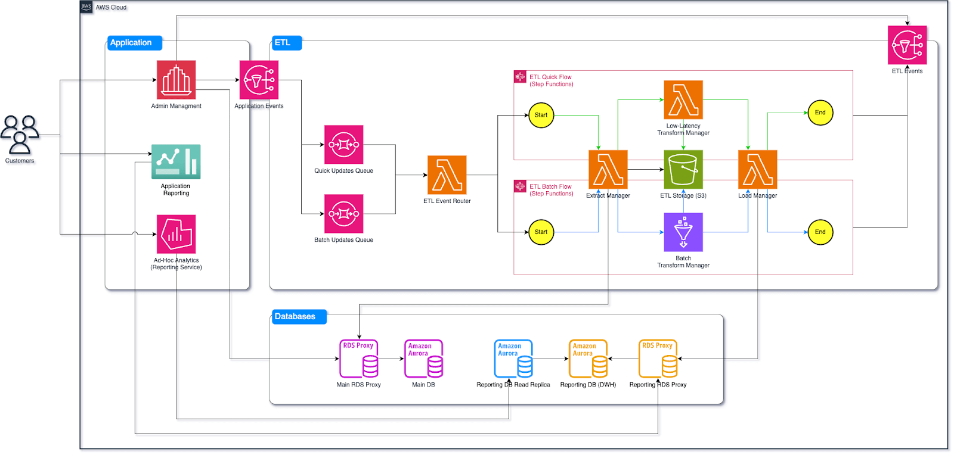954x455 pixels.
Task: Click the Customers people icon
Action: tap(20, 135)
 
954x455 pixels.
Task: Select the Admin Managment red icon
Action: tap(176, 80)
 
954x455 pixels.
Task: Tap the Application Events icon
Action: tap(259, 80)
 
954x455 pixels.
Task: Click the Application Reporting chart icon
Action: tap(176, 161)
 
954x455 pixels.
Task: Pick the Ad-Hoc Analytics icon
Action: tap(176, 234)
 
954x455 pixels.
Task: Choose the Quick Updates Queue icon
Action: tap(343, 145)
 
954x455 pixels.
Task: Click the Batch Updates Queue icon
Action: tap(343, 214)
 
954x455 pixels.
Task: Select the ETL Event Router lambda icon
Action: tap(447, 175)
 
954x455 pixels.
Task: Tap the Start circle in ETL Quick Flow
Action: tap(541, 115)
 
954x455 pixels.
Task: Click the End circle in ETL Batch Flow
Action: tap(820, 232)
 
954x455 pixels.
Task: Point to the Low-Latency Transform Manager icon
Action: tap(683, 100)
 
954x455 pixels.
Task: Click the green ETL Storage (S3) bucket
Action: tap(683, 170)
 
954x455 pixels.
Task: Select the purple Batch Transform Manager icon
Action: tap(683, 232)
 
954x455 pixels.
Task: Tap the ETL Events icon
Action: tap(907, 45)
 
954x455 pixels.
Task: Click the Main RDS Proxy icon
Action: tap(359, 359)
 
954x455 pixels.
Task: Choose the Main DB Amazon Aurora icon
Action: tap(423, 359)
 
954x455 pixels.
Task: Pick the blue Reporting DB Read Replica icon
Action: tap(513, 359)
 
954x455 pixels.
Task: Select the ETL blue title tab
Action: tap(286, 43)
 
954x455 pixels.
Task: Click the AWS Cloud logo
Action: tap(86, 7)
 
